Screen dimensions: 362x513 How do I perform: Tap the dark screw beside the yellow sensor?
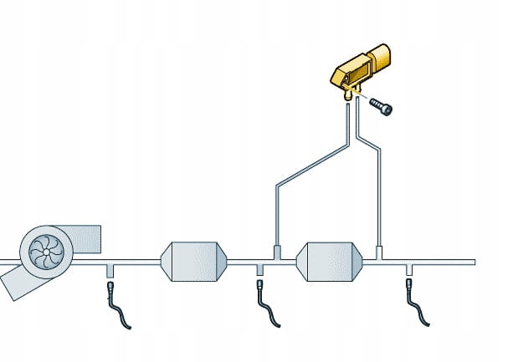click(382, 106)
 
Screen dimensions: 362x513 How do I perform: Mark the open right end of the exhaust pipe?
click(474, 262)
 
